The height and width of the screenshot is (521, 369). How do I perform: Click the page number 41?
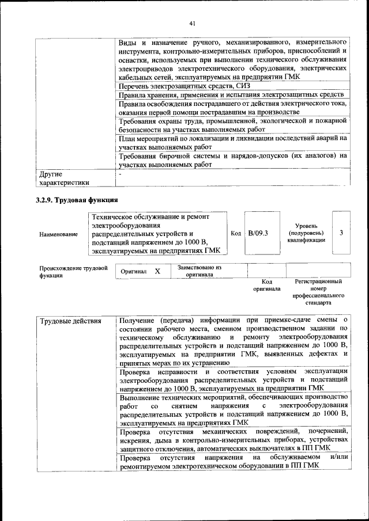(193, 23)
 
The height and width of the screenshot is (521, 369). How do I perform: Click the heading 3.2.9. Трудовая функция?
(77, 200)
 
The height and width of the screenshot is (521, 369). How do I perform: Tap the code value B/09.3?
(258, 233)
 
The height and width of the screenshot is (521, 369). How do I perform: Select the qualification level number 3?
(342, 233)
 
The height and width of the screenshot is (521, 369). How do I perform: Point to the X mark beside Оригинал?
(157, 271)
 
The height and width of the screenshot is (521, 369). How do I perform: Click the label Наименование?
(58, 234)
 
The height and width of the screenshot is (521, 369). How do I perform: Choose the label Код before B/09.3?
(236, 233)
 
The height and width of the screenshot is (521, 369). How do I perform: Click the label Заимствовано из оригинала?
(199, 271)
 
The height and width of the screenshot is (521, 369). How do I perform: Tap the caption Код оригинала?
(266, 285)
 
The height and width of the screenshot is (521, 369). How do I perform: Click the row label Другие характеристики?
(63, 178)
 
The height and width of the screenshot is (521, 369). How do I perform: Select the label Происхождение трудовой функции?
(74, 272)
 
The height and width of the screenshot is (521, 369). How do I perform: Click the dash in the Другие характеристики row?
(121, 173)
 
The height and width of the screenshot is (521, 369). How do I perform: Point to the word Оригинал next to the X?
(134, 271)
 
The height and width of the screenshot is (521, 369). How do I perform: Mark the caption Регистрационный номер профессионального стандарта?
(318, 291)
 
